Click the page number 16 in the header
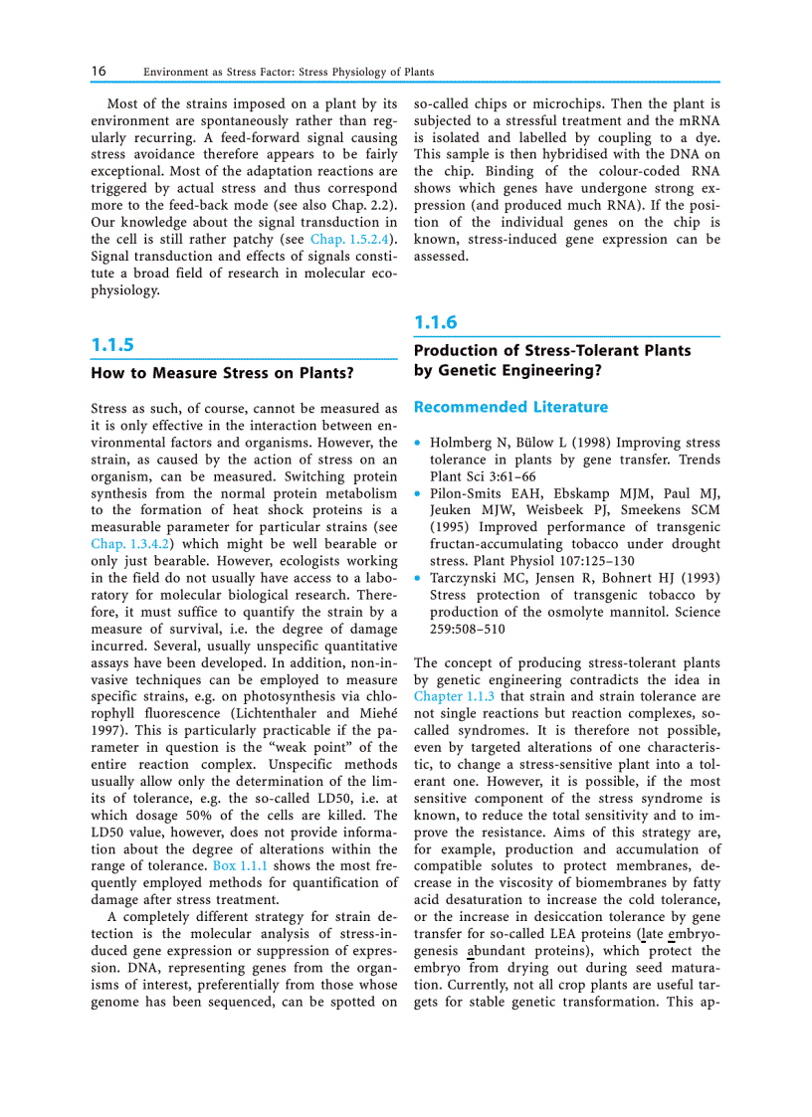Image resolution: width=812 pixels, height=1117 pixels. (99, 72)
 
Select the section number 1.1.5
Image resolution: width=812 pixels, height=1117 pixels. (111, 345)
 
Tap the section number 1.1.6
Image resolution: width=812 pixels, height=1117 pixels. (435, 322)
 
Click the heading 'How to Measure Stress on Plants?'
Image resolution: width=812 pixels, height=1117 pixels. (222, 374)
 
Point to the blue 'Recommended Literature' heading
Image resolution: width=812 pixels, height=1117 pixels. (510, 407)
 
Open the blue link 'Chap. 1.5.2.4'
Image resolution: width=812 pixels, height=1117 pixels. (351, 240)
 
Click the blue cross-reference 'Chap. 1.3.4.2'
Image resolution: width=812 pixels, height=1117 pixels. (125, 544)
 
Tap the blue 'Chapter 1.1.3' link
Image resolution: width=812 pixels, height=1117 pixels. (454, 696)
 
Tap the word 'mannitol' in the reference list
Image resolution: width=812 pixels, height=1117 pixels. (637, 612)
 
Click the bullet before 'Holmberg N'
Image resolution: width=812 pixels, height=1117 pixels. (418, 443)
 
